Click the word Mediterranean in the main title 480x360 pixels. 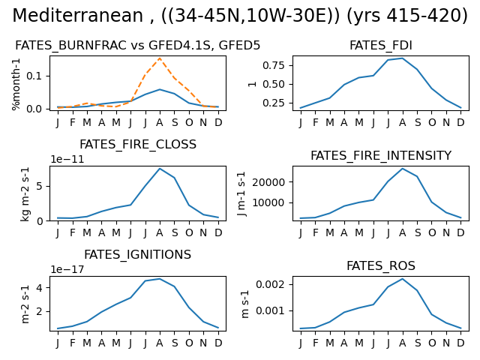pyautogui.click(x=78, y=15)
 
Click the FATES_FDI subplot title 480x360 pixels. pyautogui.click(x=381, y=45)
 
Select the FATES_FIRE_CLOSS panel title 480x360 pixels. pyautogui.click(x=138, y=145)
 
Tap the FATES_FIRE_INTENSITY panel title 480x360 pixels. pyautogui.click(x=381, y=155)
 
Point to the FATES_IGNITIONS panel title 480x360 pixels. pyautogui.click(x=138, y=255)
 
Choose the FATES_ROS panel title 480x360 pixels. pyautogui.click(x=381, y=265)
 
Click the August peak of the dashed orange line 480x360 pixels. pyautogui.click(x=160, y=58)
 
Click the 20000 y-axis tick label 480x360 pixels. pyautogui.click(x=268, y=182)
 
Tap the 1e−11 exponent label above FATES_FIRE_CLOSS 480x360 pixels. pyautogui.click(x=67, y=159)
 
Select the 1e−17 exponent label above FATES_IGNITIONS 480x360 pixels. pyautogui.click(x=67, y=269)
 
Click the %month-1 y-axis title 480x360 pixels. pyautogui.click(x=16, y=84)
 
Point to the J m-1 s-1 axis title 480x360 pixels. pyautogui.click(x=241, y=193)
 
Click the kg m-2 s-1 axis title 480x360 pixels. pyautogui.click(x=25, y=193)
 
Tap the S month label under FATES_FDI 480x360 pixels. pyautogui.click(x=418, y=122)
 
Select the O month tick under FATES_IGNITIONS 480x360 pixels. pyautogui.click(x=189, y=343)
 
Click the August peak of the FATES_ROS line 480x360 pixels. pyautogui.click(x=403, y=279)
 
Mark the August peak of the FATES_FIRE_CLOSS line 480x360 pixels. pyautogui.click(x=160, y=168)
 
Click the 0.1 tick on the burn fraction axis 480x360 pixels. pyautogui.click(x=33, y=76)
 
